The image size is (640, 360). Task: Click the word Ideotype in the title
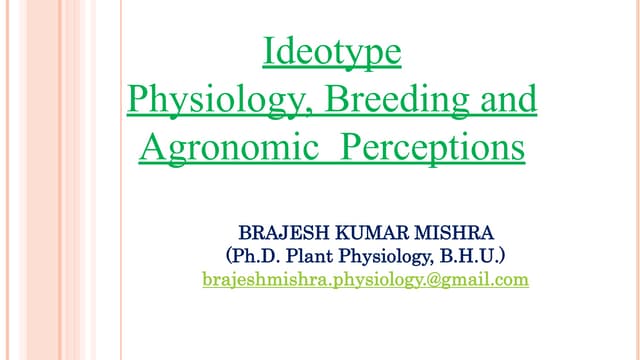point(331,52)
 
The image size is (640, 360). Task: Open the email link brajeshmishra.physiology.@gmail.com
point(365,280)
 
